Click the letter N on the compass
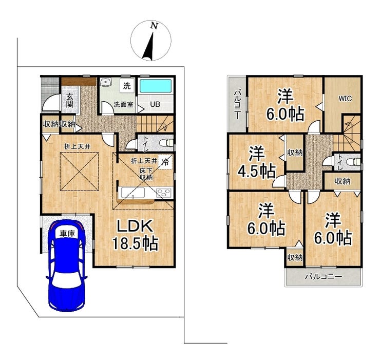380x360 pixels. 154,26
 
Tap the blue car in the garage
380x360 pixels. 67,266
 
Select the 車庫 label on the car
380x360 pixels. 67,234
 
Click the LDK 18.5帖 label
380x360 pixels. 135,234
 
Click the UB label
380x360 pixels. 155,104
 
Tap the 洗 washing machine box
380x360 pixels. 127,86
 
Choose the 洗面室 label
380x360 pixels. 124,104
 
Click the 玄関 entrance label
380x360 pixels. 69,100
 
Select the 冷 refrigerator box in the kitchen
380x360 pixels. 165,162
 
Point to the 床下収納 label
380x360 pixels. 146,174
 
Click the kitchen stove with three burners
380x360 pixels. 164,193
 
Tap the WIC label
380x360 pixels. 345,99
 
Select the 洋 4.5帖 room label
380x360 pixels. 256,162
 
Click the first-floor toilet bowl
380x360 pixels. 166,143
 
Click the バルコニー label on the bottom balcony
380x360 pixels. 324,277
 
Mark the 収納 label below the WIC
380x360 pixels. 343,181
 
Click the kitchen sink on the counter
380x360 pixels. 133,193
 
